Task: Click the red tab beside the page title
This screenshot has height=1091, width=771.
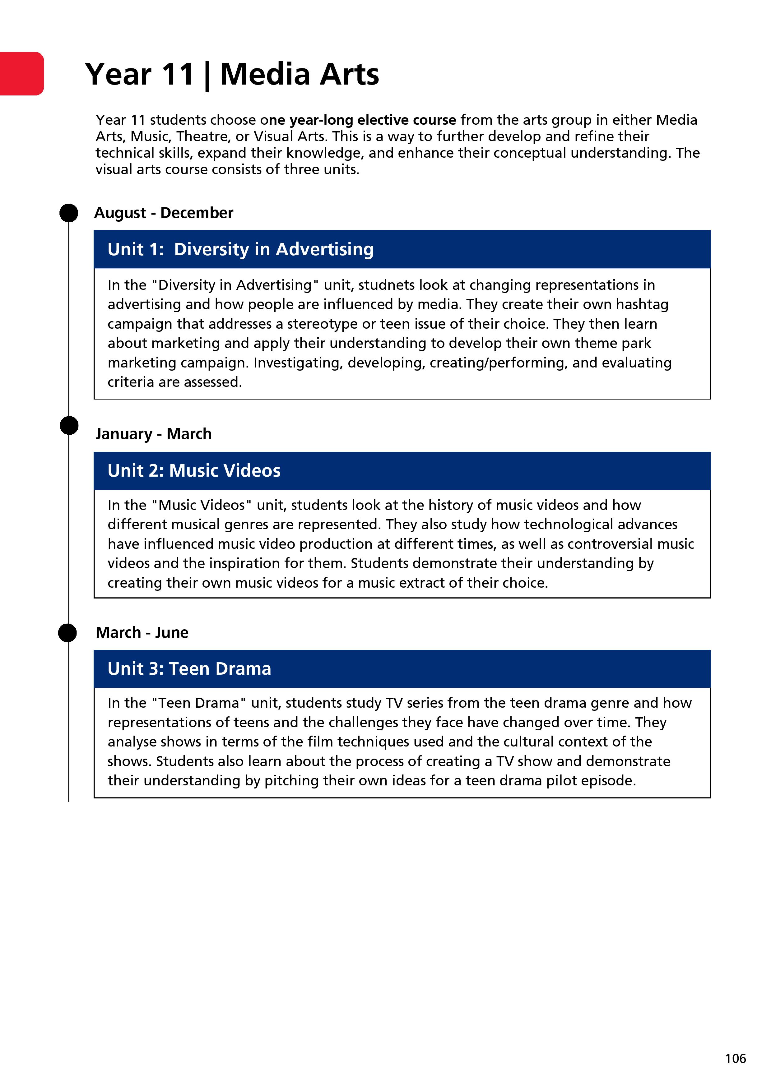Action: click(x=22, y=74)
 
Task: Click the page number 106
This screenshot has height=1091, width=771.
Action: click(x=735, y=1059)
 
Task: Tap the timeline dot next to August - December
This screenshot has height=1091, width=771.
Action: click(x=69, y=213)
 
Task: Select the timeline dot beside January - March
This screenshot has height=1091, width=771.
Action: click(x=69, y=425)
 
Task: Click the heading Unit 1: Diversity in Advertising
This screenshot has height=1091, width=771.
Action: click(x=240, y=249)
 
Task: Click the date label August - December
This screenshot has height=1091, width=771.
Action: click(x=164, y=213)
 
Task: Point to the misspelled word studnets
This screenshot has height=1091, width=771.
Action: click(x=387, y=285)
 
